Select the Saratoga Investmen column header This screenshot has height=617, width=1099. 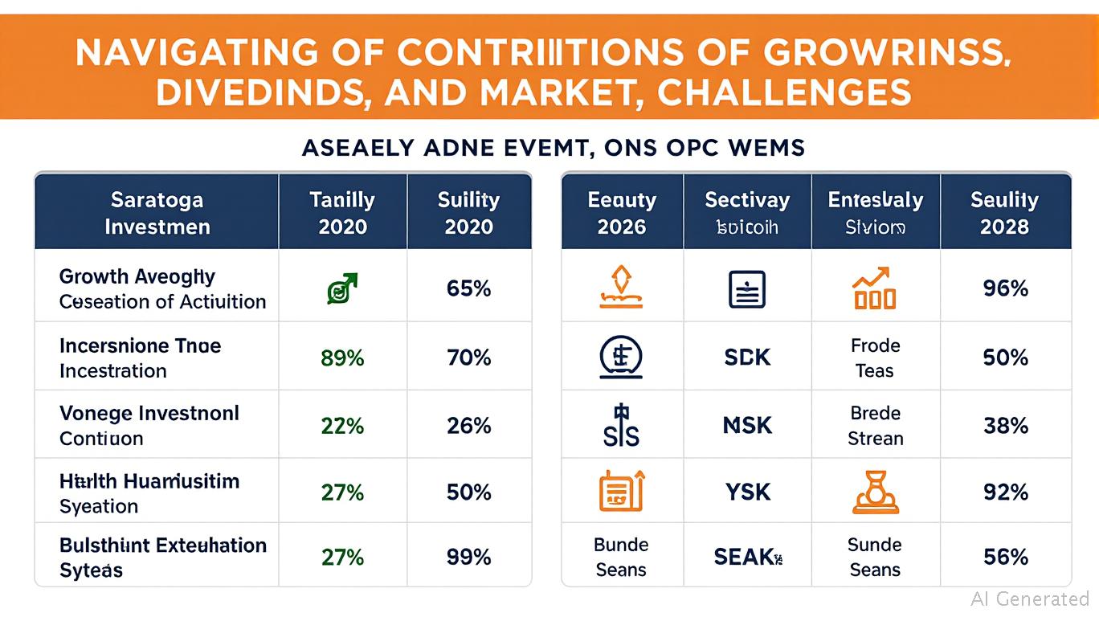[157, 213]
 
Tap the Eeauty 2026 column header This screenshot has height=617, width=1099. [622, 213]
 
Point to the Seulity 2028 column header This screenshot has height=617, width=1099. [1004, 213]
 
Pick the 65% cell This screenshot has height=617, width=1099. [469, 288]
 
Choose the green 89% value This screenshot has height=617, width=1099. [342, 358]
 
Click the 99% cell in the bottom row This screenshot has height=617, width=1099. [469, 557]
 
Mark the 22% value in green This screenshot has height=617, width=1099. [342, 426]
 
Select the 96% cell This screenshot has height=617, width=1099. [1005, 288]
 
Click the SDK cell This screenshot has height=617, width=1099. [747, 358]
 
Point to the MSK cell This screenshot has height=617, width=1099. [747, 426]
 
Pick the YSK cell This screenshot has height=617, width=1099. [747, 492]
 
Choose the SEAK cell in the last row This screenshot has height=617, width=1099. [747, 557]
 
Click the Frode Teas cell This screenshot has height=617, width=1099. [875, 358]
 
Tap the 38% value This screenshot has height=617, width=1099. [1005, 426]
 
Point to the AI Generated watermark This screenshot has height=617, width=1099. [1029, 599]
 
